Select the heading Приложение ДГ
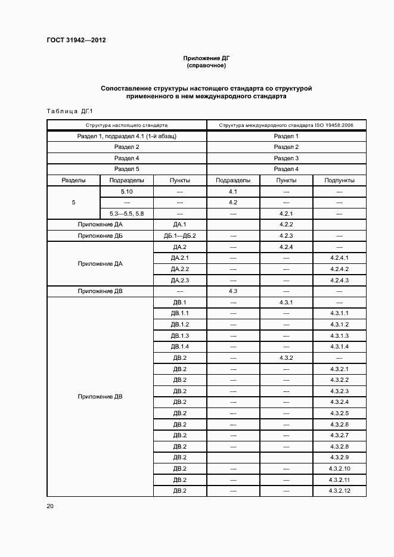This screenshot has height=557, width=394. [x=206, y=58]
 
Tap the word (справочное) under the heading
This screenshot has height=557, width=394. [x=206, y=66]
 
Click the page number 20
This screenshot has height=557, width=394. [x=50, y=506]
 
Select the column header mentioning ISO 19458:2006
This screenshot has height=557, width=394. [x=286, y=126]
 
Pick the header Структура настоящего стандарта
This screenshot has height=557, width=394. [x=126, y=126]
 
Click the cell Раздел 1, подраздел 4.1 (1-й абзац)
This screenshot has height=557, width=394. [x=126, y=136]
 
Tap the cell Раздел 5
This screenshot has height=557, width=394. [x=126, y=169]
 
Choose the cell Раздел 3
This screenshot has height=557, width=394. [x=286, y=158]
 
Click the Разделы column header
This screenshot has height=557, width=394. [x=73, y=181]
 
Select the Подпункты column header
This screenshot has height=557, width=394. [x=339, y=181]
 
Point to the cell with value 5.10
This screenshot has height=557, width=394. [x=126, y=192]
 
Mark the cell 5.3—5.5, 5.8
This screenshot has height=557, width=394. [x=126, y=213]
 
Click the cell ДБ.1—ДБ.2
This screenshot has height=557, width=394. [x=180, y=236]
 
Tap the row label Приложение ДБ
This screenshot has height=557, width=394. [x=100, y=236]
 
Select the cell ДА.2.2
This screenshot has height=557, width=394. [x=180, y=269]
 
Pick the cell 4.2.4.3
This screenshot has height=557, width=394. [x=339, y=281]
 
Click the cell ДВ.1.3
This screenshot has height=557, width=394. [x=180, y=335]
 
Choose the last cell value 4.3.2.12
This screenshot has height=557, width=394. [x=339, y=490]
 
